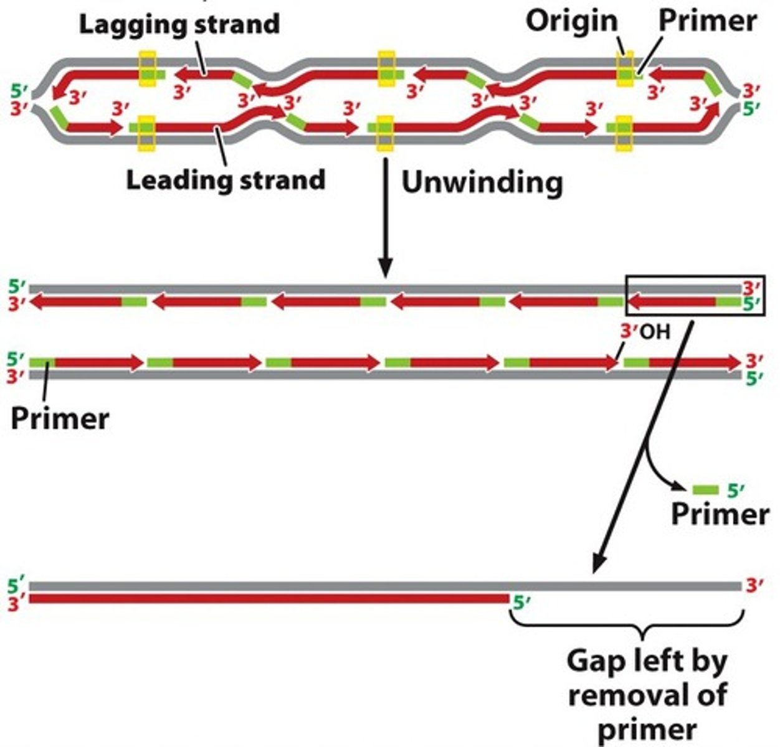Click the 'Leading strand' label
click(x=226, y=180)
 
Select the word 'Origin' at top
click(x=571, y=21)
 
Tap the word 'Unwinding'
click(x=482, y=182)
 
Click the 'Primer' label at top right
click(x=707, y=21)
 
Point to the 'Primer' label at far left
click(x=60, y=418)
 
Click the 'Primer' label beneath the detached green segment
click(x=720, y=515)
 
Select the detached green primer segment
click(x=705, y=490)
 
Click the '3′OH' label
click(x=645, y=332)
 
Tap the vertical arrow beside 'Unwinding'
click(x=386, y=218)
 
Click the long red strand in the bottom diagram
click(x=268, y=599)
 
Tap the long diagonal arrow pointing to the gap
click(x=642, y=448)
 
